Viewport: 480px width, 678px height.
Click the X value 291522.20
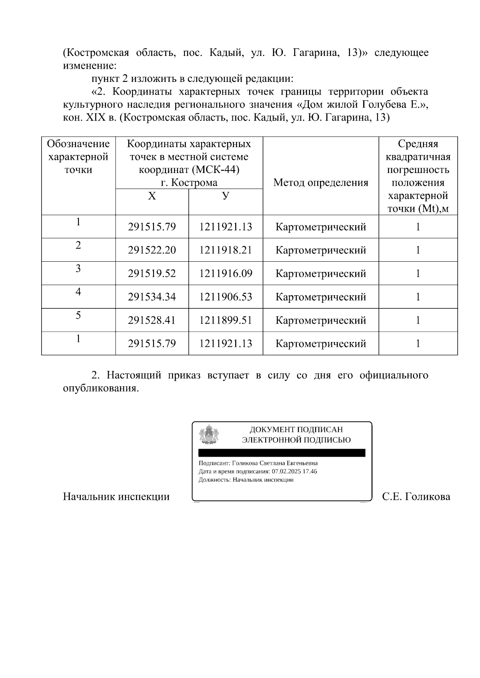pyautogui.click(x=152, y=251)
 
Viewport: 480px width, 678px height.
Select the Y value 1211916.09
pyautogui.click(x=226, y=274)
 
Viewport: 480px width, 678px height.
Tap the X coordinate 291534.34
pyautogui.click(x=152, y=297)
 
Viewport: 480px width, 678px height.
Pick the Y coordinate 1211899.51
pyautogui.click(x=226, y=320)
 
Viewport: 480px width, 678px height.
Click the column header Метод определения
pyautogui.click(x=320, y=183)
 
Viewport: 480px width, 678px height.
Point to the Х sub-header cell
pyautogui.click(x=152, y=196)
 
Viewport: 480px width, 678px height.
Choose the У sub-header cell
pyautogui.click(x=226, y=196)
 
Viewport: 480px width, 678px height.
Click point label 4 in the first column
pyautogui.click(x=78, y=292)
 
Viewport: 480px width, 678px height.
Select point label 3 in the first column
pyautogui.click(x=78, y=268)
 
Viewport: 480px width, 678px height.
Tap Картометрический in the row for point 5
pyautogui.click(x=320, y=320)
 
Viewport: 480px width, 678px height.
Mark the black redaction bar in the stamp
pyautogui.click(x=282, y=453)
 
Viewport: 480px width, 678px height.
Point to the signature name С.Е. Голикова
pyautogui.click(x=416, y=497)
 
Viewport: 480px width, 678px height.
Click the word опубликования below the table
pyautogui.click(x=101, y=388)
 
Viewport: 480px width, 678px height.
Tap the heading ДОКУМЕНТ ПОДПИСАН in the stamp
pyautogui.click(x=296, y=430)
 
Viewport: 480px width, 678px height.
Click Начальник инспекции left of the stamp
pyautogui.click(x=116, y=497)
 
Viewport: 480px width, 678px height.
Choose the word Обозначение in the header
pyautogui.click(x=78, y=144)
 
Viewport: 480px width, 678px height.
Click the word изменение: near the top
pyautogui.click(x=90, y=65)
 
